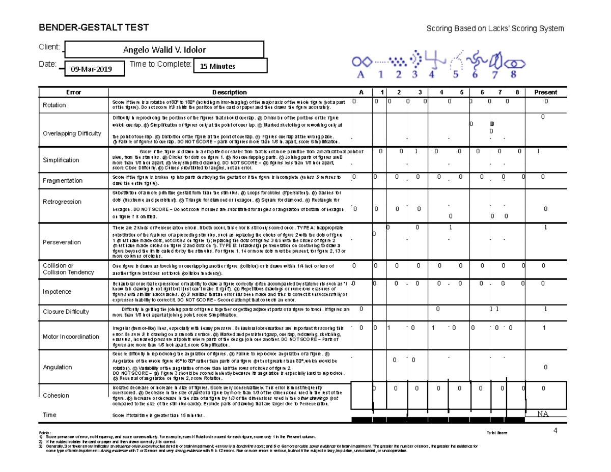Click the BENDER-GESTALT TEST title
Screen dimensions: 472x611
(x=94, y=27)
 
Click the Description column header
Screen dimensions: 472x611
(x=229, y=93)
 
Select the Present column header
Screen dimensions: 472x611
(x=545, y=93)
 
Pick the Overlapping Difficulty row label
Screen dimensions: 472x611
(x=72, y=133)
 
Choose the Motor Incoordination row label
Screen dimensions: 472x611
(x=71, y=337)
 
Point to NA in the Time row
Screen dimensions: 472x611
(x=544, y=414)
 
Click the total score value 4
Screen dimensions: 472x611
(x=556, y=431)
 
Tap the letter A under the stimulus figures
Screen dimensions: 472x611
(x=362, y=74)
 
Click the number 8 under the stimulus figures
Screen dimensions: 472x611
(x=513, y=74)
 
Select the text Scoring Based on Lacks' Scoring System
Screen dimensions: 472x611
(x=495, y=29)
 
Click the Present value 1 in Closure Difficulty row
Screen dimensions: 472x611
(x=545, y=309)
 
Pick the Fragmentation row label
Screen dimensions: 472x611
(x=63, y=181)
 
